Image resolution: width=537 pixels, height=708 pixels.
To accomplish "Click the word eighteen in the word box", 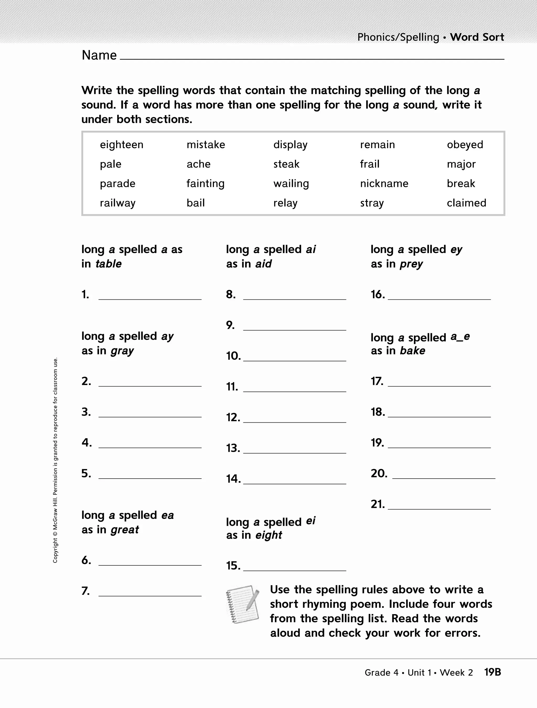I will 121,145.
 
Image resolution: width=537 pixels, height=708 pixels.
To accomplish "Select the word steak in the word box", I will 286,164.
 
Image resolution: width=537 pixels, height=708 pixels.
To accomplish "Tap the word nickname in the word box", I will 384,184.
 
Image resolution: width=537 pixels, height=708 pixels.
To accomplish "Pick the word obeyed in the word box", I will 465,145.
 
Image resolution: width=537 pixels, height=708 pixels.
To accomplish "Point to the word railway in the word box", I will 117,203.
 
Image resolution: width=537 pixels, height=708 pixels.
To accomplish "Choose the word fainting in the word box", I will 206,184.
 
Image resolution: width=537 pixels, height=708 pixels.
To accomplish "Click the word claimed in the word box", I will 466,203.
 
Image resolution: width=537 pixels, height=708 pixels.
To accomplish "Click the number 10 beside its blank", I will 233,356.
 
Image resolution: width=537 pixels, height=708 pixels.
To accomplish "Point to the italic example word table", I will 109,264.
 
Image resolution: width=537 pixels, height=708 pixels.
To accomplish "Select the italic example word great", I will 125,530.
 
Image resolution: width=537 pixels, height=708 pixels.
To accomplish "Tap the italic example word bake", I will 412,351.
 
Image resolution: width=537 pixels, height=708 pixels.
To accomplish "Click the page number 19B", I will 492,672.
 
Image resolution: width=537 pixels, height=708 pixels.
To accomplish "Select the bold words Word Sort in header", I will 477,37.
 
